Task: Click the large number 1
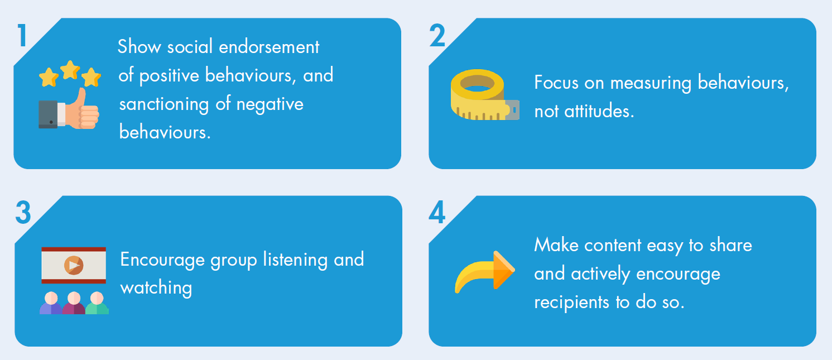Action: (22, 35)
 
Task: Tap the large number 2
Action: (437, 35)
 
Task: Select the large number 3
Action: (23, 213)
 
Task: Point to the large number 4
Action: (437, 212)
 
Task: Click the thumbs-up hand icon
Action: (69, 109)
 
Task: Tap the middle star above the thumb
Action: (70, 70)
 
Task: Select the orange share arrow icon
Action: (485, 272)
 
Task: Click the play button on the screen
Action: (74, 265)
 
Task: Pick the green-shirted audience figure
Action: (97, 303)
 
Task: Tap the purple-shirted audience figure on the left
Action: (51, 303)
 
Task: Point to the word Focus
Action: (556, 83)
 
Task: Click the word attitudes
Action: (599, 111)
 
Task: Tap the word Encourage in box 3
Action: (162, 260)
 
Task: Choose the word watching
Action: (156, 288)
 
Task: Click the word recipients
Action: (571, 303)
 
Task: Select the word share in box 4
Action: (730, 245)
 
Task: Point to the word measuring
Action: (651, 83)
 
